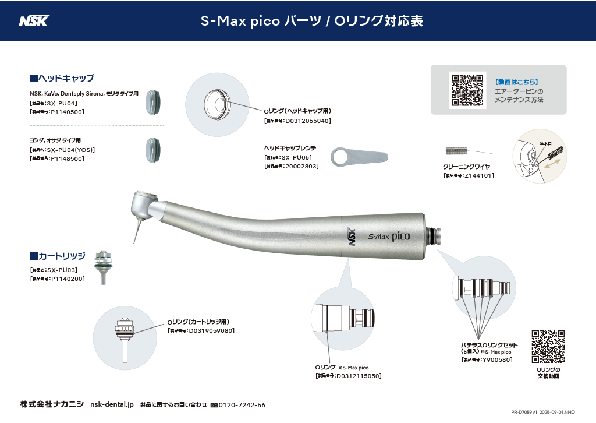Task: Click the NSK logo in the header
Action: pos(34,21)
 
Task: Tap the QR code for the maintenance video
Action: pos(467,90)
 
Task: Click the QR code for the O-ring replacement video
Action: pos(548,347)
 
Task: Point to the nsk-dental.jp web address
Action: pos(112,405)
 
